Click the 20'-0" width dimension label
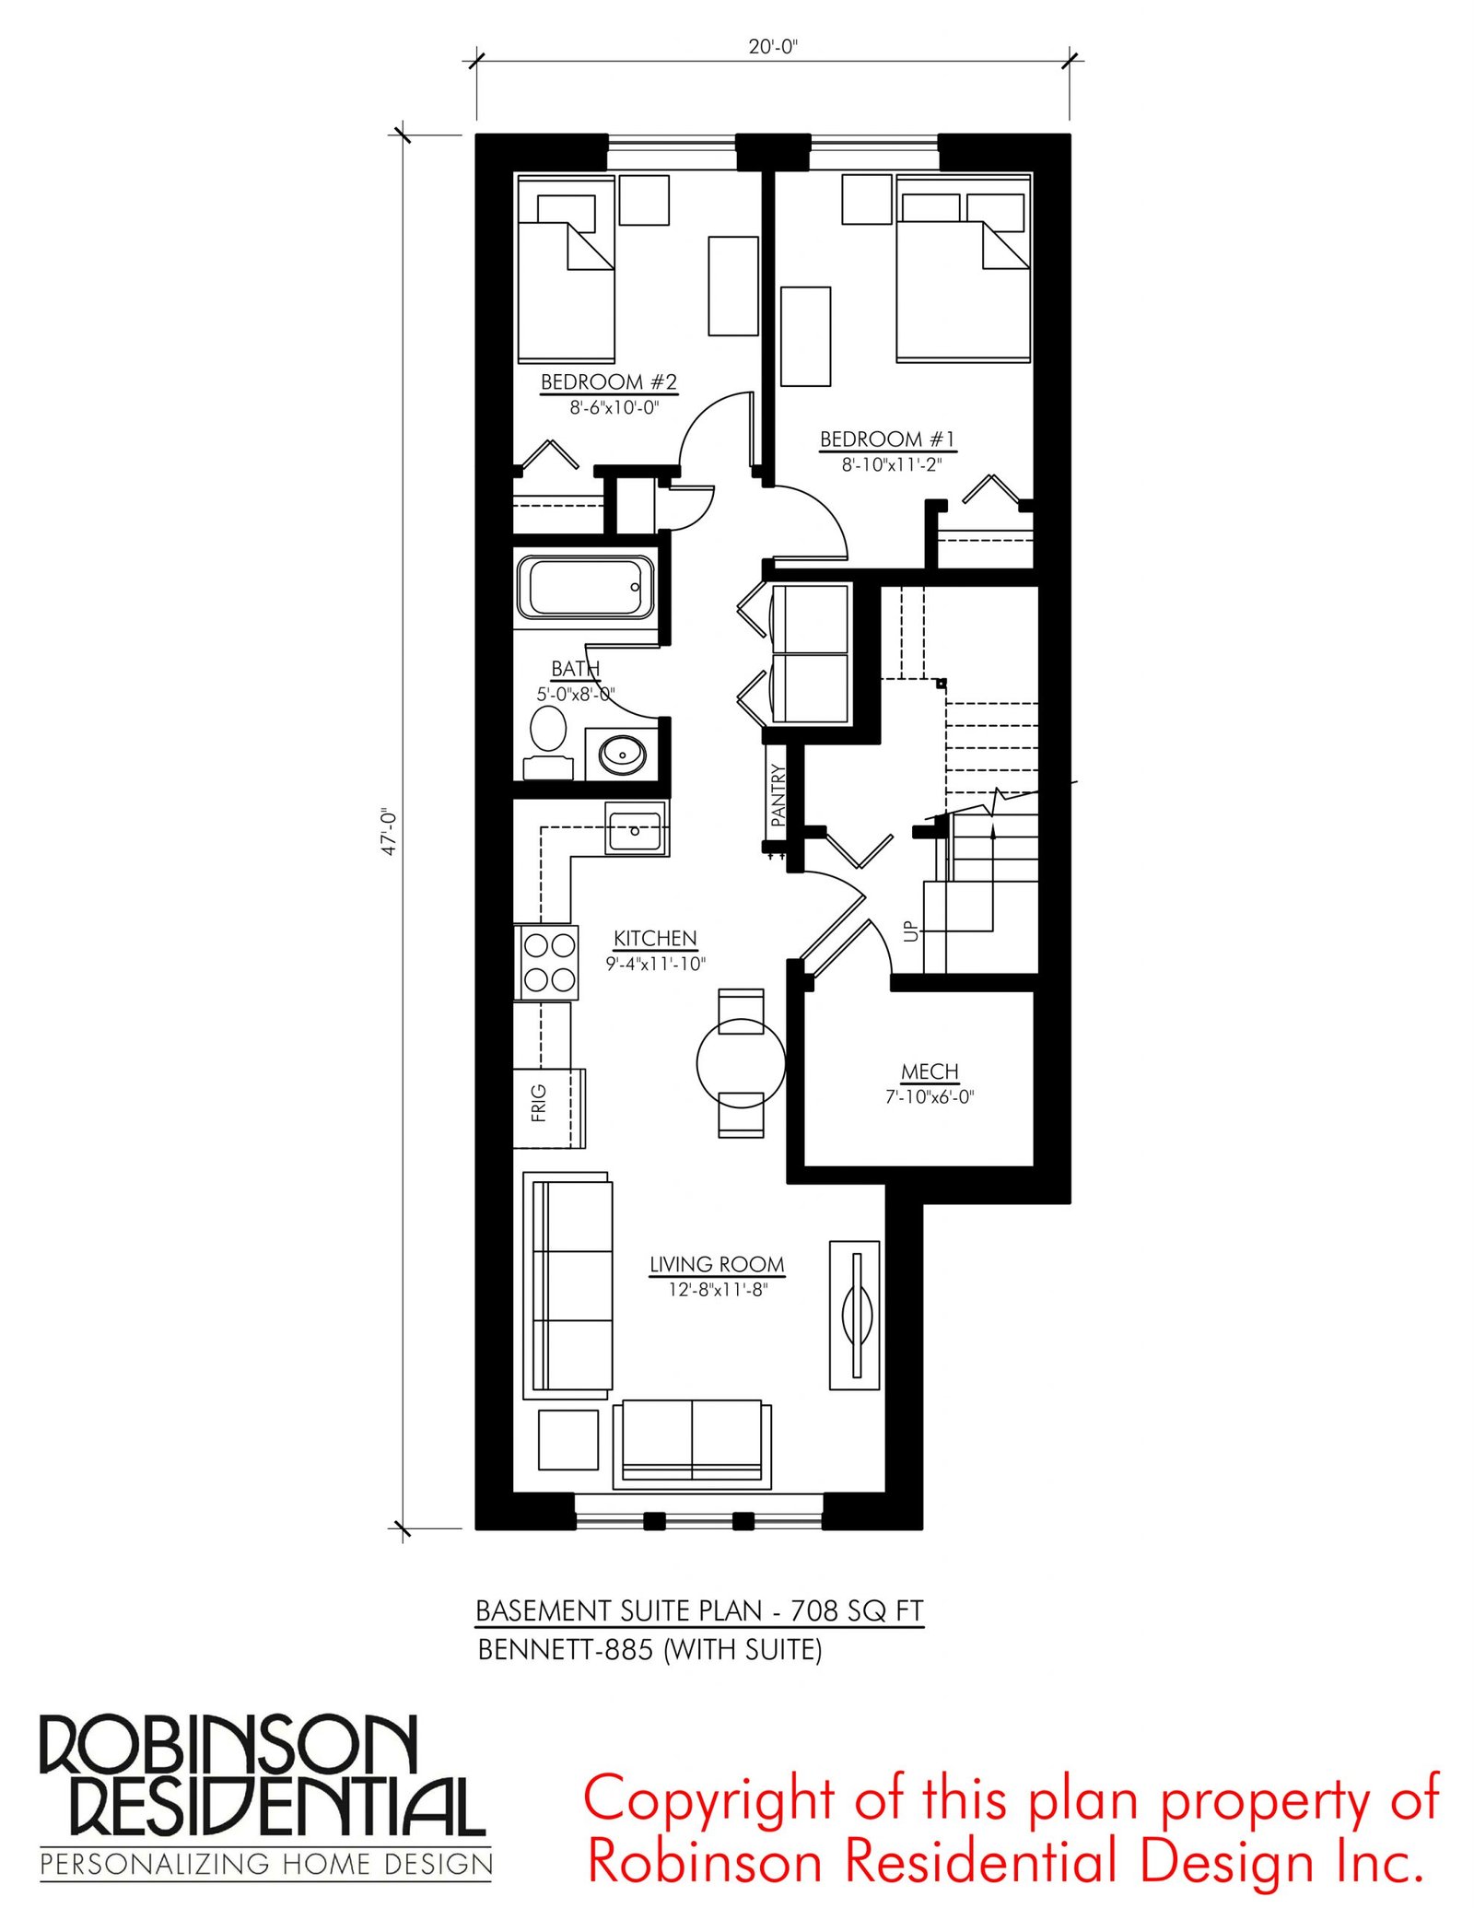click(x=772, y=46)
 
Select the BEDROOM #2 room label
click(x=609, y=381)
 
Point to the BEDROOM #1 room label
click(x=888, y=439)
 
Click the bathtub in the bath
click(x=585, y=587)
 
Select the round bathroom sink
click(x=623, y=755)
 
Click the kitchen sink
click(x=637, y=828)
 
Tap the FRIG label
click(x=539, y=1103)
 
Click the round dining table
click(x=741, y=1063)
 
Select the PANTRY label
click(x=778, y=794)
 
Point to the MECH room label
click(x=930, y=1071)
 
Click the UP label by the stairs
click(x=911, y=931)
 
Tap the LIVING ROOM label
click(x=717, y=1264)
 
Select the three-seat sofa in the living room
click(x=567, y=1285)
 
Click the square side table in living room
click(x=568, y=1439)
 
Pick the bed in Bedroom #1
click(x=964, y=268)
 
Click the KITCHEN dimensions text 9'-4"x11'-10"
click(x=655, y=964)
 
